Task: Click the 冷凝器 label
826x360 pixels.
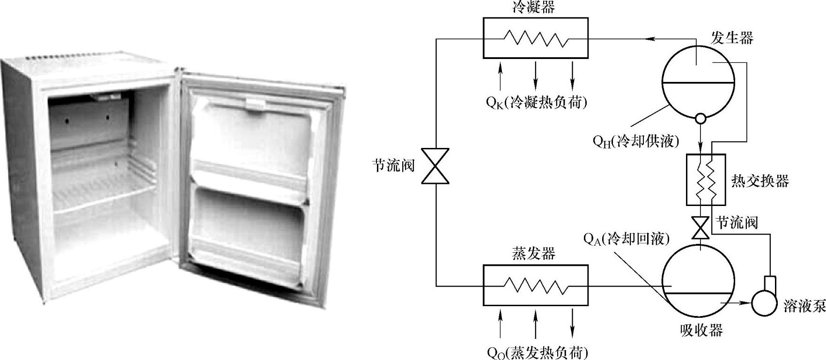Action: click(534, 7)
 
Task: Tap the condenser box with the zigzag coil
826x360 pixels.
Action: click(535, 38)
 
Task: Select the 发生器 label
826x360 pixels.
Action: click(732, 37)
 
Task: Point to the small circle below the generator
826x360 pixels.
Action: click(701, 118)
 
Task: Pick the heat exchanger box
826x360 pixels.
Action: click(706, 180)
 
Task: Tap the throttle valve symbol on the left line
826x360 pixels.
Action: click(435, 166)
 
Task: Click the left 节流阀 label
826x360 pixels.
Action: click(394, 165)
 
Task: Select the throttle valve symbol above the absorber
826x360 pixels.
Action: click(701, 228)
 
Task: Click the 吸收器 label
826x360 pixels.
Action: click(701, 330)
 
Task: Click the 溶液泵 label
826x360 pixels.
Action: click(804, 306)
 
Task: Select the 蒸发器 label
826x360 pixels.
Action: click(534, 253)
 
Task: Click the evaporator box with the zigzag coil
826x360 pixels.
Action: click(535, 285)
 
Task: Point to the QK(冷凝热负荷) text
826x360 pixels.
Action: click(536, 102)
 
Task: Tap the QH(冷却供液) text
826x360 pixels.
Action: click(635, 140)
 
